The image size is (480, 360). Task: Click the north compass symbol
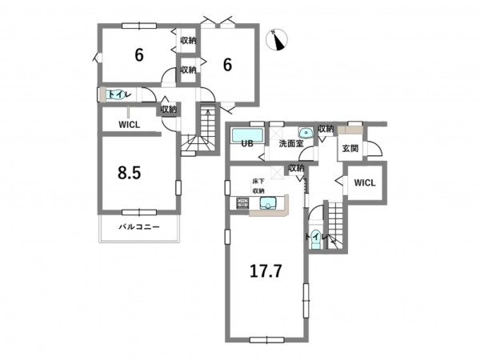click(277, 40)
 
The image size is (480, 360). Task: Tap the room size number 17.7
click(266, 271)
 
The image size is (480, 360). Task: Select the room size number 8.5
click(130, 173)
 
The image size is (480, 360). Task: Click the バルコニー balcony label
click(139, 227)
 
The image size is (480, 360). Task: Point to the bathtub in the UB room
click(247, 135)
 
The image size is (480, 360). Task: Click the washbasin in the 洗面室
click(305, 133)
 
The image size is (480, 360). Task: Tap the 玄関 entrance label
click(350, 149)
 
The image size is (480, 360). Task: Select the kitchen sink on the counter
click(268, 203)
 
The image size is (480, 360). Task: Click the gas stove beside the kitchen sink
click(242, 203)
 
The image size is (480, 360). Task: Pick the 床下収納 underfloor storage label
click(258, 186)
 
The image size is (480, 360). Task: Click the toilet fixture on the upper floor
click(114, 94)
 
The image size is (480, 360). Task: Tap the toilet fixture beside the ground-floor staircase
click(315, 239)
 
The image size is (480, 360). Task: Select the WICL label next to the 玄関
click(365, 183)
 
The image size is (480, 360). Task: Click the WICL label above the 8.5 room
click(129, 125)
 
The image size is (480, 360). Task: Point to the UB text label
click(247, 143)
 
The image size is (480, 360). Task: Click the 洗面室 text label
click(291, 143)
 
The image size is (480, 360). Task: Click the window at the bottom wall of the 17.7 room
click(267, 340)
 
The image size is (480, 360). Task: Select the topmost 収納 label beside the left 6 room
click(188, 41)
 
